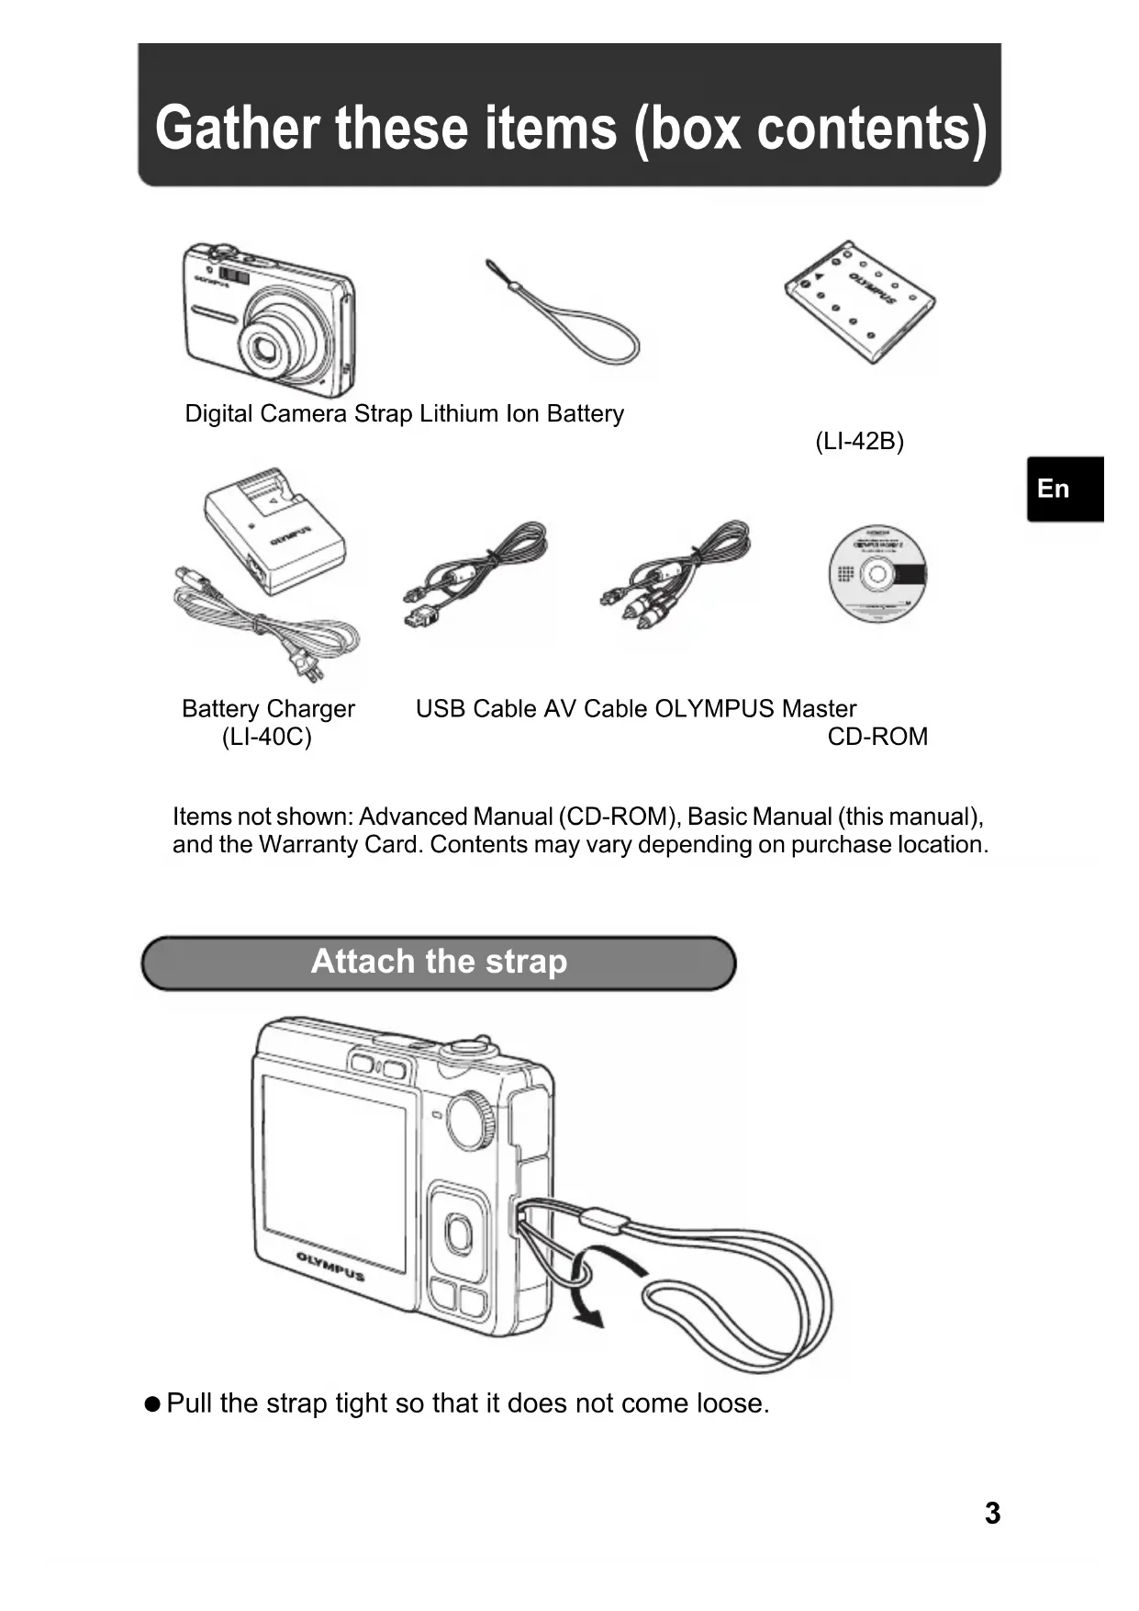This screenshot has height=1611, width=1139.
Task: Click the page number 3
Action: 991,1513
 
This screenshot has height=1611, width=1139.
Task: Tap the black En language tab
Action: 1064,489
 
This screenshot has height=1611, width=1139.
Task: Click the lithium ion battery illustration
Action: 860,304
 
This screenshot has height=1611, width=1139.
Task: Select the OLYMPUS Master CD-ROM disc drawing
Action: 877,575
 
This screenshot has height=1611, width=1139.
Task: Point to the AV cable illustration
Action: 677,573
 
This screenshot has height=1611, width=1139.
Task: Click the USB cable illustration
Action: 475,573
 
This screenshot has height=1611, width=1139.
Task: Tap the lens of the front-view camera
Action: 267,347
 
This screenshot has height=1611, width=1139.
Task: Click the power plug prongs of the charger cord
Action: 311,669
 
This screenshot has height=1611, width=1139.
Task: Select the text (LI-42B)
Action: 859,442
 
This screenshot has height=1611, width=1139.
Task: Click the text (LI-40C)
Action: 266,737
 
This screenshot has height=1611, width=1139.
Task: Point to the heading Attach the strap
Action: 439,962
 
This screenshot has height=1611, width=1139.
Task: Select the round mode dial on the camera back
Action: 472,1119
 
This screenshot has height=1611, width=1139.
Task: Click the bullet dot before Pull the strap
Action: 152,1404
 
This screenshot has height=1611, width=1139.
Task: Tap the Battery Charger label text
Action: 268,709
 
